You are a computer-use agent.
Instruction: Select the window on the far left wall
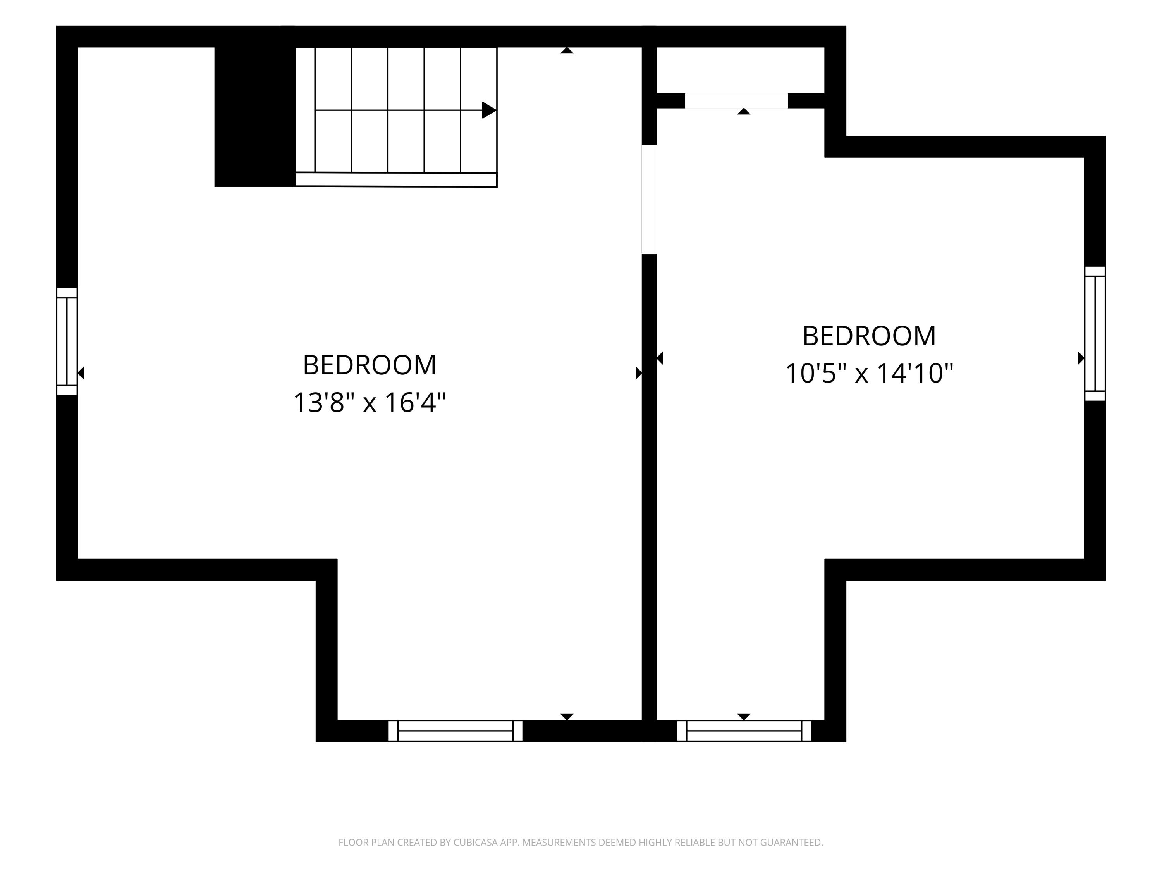tap(67, 342)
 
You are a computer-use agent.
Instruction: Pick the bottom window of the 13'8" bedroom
tap(456, 731)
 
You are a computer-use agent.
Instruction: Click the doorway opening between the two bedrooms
tap(649, 199)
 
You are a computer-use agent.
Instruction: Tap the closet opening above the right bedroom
tap(736, 101)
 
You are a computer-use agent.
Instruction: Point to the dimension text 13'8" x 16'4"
tap(370, 403)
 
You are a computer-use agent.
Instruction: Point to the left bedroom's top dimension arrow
tap(567, 50)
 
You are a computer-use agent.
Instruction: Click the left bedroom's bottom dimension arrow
tap(567, 717)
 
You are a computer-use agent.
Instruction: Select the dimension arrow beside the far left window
tap(81, 373)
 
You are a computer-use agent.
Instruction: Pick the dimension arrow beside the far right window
tap(1081, 358)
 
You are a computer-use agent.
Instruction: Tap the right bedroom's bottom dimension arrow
tap(744, 717)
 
